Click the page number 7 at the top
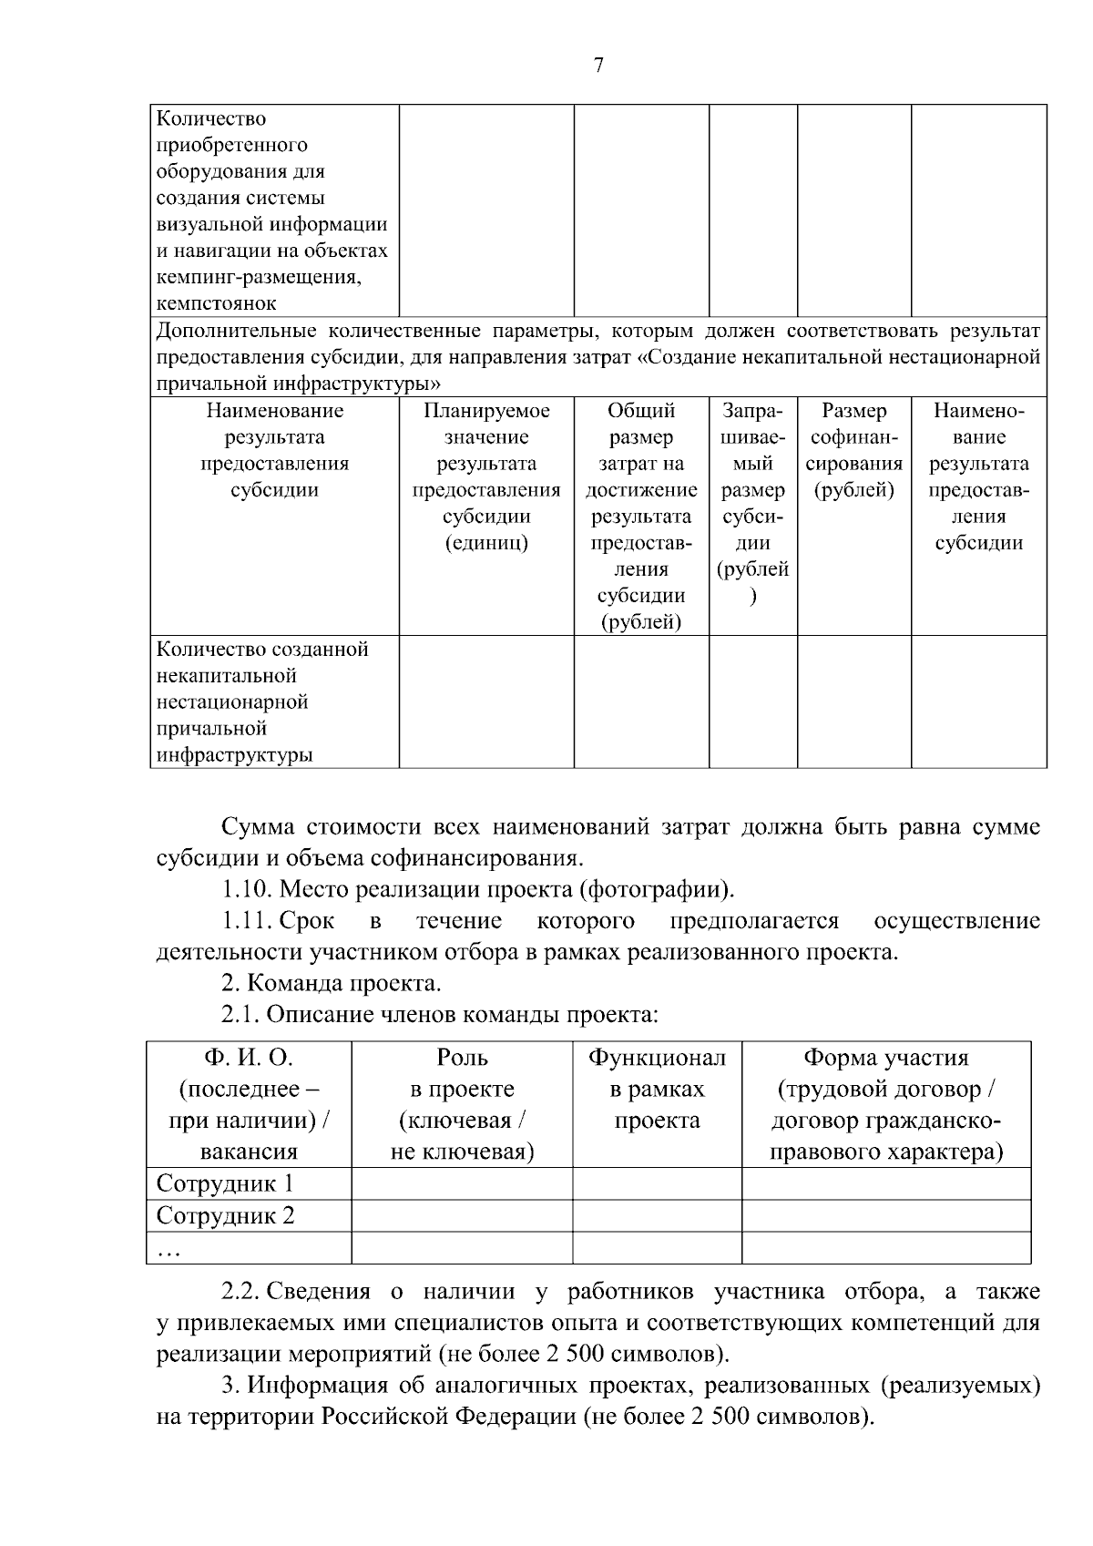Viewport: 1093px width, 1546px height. click(x=598, y=65)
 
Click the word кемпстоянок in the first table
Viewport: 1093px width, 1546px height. click(x=217, y=303)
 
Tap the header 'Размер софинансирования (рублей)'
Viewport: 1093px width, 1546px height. click(x=853, y=450)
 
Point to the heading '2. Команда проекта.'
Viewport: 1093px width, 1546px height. click(x=332, y=984)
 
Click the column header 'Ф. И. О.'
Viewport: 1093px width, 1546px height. click(x=249, y=1058)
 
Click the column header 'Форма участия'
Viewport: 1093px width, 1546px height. click(x=885, y=1058)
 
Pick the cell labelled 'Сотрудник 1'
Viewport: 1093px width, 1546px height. click(x=225, y=1184)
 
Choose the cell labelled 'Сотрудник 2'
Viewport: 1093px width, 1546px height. click(x=225, y=1216)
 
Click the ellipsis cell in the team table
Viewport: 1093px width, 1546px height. click(x=168, y=1249)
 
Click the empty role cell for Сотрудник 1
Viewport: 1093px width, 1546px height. click(x=462, y=1184)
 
